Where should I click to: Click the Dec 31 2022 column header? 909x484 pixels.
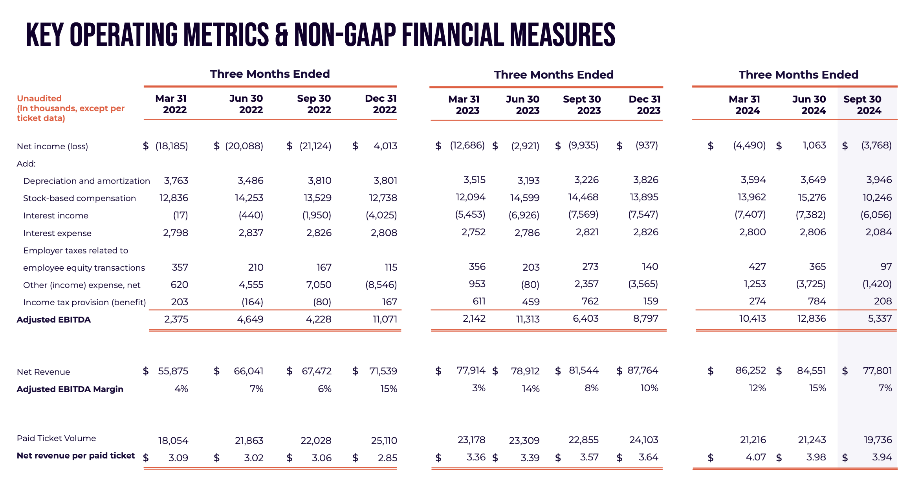[x=381, y=104]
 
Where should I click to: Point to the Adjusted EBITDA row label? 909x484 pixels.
[x=54, y=320]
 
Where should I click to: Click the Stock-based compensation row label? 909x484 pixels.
[x=79, y=198]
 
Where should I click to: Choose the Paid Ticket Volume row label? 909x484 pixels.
[x=56, y=438]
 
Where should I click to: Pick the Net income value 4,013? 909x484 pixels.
[x=385, y=146]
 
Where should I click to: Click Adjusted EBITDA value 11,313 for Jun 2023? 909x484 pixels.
[x=528, y=319]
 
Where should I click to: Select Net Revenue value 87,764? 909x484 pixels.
[x=643, y=370]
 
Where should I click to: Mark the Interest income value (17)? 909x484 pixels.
[x=180, y=215]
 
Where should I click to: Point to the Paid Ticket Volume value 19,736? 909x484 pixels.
[x=878, y=440]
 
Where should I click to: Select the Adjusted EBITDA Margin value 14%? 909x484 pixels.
[x=531, y=389]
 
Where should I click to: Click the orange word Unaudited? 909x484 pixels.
[x=39, y=98]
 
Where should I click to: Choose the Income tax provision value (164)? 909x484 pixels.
[x=252, y=302]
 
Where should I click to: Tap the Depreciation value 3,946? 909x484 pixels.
[x=879, y=180]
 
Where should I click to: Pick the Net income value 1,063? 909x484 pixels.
[x=814, y=145]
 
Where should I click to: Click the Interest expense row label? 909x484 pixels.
[x=57, y=233]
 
